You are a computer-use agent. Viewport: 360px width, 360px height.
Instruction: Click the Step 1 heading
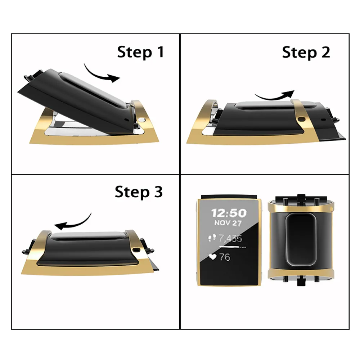[x=140, y=52]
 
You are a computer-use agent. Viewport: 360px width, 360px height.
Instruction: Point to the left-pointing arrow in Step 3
[x=74, y=222]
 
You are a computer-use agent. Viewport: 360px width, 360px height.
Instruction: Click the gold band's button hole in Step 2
[x=302, y=119]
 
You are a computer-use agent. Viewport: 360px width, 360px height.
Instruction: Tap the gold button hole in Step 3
[x=136, y=249]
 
